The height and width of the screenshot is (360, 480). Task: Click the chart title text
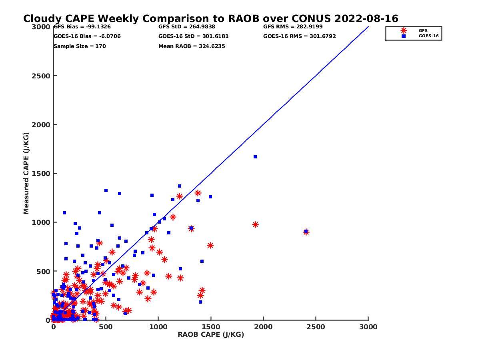pos(211,19)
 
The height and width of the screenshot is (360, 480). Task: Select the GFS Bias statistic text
pos(82,27)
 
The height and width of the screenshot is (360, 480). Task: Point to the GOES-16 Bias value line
pos(87,36)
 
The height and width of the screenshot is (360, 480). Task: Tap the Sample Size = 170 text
pos(80,46)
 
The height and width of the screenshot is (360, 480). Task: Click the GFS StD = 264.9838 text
pos(186,27)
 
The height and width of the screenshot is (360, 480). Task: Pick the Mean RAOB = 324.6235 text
pos(192,46)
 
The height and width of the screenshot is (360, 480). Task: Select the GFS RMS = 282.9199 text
pos(293,27)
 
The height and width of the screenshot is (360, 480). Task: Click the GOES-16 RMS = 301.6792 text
pos(300,36)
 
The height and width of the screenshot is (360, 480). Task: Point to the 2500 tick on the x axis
pos(316,327)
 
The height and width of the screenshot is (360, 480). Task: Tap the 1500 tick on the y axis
pos(41,174)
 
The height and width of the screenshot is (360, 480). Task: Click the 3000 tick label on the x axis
pos(368,327)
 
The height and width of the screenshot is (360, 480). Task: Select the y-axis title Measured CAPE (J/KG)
pos(26,173)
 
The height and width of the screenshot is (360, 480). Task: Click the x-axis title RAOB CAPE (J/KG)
pos(211,335)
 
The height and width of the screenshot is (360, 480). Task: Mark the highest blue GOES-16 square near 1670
pos(255,157)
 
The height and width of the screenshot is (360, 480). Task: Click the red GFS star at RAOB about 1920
pos(255,225)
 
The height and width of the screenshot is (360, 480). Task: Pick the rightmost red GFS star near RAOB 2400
pos(306,232)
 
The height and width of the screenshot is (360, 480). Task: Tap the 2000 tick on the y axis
pos(41,125)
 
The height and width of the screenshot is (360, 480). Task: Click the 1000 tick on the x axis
pos(158,327)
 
